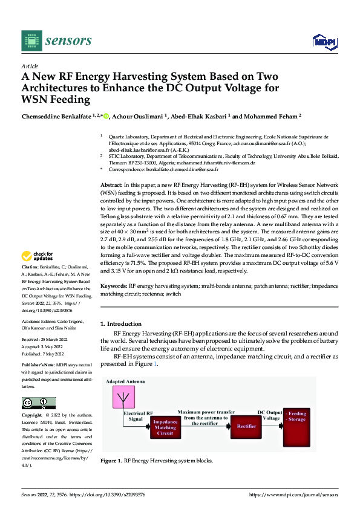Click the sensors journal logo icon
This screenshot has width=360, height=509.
(x=31, y=41)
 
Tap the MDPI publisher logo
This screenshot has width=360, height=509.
(x=324, y=41)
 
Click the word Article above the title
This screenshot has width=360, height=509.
(x=30, y=66)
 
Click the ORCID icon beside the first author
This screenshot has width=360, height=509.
(x=107, y=116)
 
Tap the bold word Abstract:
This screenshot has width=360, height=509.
(x=111, y=184)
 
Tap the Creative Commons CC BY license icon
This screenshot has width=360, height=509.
(x=38, y=403)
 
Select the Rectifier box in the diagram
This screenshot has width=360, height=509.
(x=246, y=426)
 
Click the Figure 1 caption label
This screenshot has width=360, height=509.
(x=111, y=461)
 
